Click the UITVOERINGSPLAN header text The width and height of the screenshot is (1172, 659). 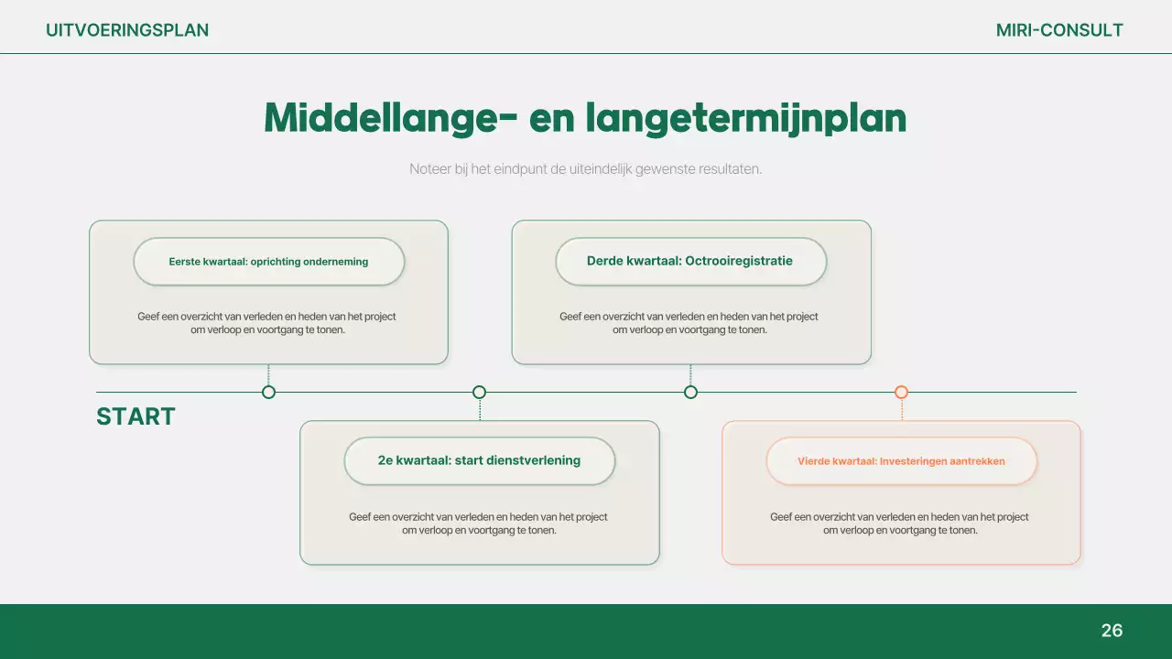click(127, 30)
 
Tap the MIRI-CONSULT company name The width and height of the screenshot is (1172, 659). click(1059, 30)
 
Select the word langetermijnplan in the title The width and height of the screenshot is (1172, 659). click(745, 118)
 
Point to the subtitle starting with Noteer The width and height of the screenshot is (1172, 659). click(585, 169)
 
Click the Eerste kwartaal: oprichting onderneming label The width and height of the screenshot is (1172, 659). click(268, 262)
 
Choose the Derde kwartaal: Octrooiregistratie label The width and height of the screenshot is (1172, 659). click(689, 261)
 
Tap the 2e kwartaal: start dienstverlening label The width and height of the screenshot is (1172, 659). click(479, 460)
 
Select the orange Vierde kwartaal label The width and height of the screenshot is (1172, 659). click(901, 461)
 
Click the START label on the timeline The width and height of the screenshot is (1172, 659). click(136, 416)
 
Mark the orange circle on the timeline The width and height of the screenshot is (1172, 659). click(901, 392)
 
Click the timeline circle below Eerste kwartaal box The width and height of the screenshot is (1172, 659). click(268, 392)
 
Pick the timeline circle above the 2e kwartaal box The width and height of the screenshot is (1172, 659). click(479, 392)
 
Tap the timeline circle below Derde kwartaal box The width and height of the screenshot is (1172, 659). click(690, 392)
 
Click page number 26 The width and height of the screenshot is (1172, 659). click(1112, 631)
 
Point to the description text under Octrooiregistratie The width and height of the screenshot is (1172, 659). click(689, 323)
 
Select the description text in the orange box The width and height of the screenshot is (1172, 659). click(900, 524)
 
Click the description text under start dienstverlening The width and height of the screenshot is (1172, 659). click(479, 524)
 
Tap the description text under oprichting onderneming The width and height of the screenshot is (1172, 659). click(267, 323)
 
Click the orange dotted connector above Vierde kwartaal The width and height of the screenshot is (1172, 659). click(902, 410)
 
